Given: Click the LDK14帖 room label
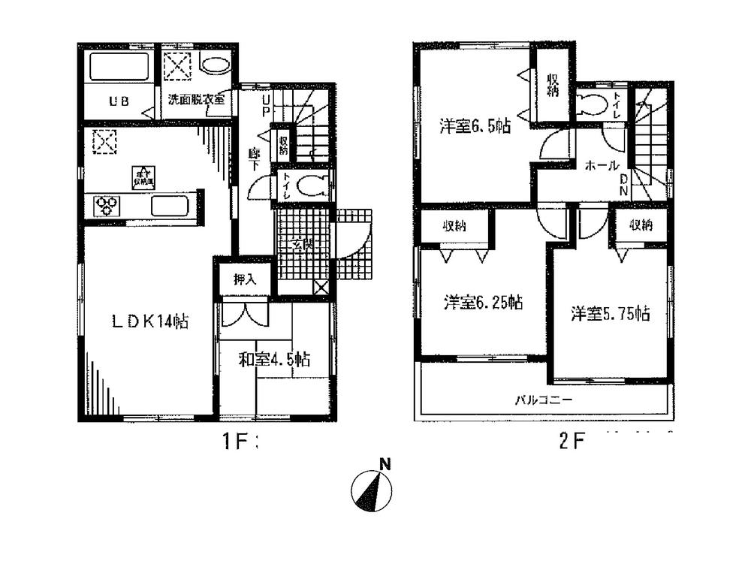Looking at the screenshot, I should click(149, 323).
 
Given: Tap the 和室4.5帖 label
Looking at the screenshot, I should click(275, 360).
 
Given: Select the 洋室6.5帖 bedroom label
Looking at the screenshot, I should click(475, 126).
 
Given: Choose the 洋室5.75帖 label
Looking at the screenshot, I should click(610, 313).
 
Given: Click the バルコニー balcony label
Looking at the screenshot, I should click(543, 400).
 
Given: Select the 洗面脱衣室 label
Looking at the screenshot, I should click(196, 99).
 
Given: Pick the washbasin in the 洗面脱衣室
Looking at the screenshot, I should click(216, 66).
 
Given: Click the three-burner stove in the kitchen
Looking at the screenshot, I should click(105, 204).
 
